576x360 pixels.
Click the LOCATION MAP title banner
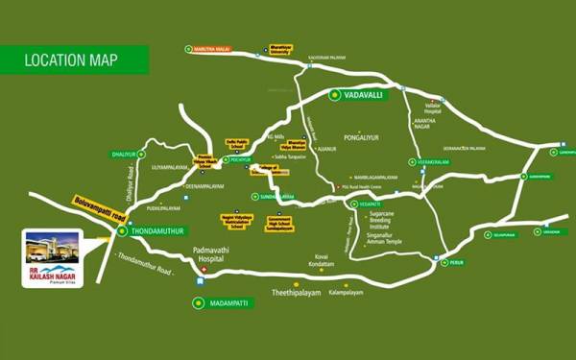pyautogui.click(x=71, y=60)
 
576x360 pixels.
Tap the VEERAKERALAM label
pyautogui.click(x=433, y=163)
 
